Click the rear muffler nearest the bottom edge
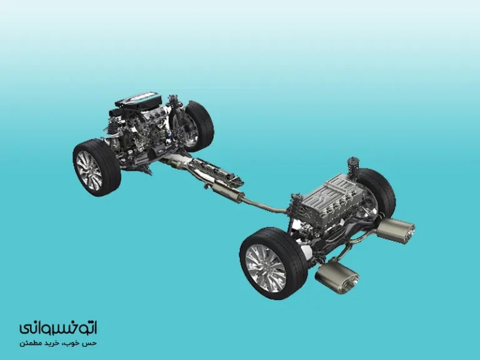(x=337, y=276)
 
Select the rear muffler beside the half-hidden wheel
(x=396, y=229)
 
